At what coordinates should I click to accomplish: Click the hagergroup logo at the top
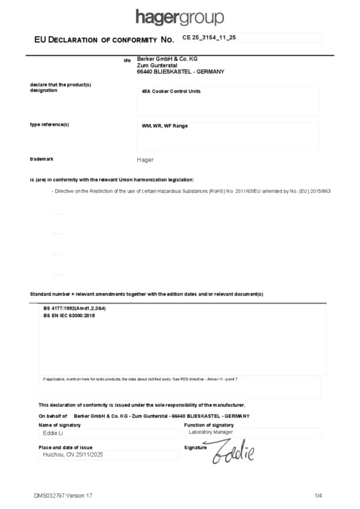click(x=180, y=17)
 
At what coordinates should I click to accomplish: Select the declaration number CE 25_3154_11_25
click(x=209, y=38)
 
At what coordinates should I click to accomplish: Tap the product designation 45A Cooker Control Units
click(x=171, y=91)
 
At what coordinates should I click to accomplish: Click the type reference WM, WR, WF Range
click(x=165, y=126)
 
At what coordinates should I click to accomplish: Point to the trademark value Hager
click(x=145, y=160)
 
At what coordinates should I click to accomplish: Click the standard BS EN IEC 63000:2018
click(x=69, y=315)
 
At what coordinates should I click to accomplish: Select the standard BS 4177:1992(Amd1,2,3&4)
click(x=75, y=309)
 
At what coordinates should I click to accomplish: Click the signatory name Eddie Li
click(x=51, y=433)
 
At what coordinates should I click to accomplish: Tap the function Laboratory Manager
click(x=210, y=432)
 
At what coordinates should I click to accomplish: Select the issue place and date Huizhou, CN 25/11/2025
click(x=73, y=454)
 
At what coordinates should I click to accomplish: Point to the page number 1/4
click(x=318, y=496)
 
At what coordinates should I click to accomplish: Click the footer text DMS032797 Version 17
click(x=63, y=496)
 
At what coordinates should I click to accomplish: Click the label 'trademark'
click(x=42, y=159)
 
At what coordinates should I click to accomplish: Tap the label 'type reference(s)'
click(x=49, y=124)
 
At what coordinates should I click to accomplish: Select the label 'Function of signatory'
click(x=208, y=425)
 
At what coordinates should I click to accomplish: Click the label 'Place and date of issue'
click(x=65, y=447)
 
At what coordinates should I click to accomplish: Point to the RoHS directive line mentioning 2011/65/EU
click(x=191, y=191)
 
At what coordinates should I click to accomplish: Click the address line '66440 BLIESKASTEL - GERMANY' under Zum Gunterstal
click(x=180, y=72)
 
